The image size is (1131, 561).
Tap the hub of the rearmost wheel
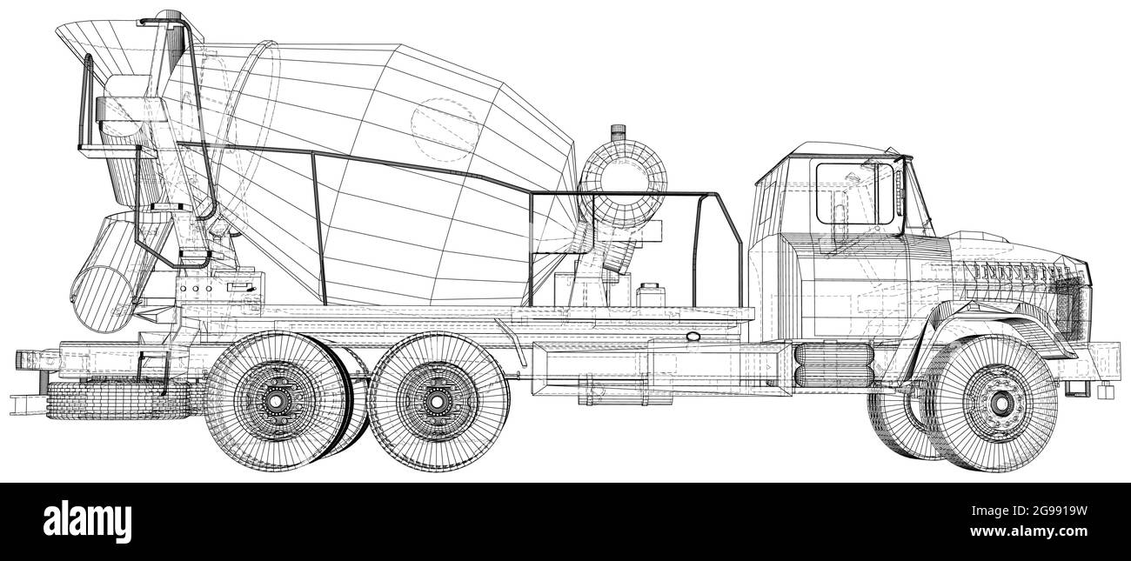[x=276, y=401]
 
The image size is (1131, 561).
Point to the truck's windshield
[x=915, y=198]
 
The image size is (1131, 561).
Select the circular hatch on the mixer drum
[x=445, y=128]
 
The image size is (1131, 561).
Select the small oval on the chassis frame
[x=693, y=336]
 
